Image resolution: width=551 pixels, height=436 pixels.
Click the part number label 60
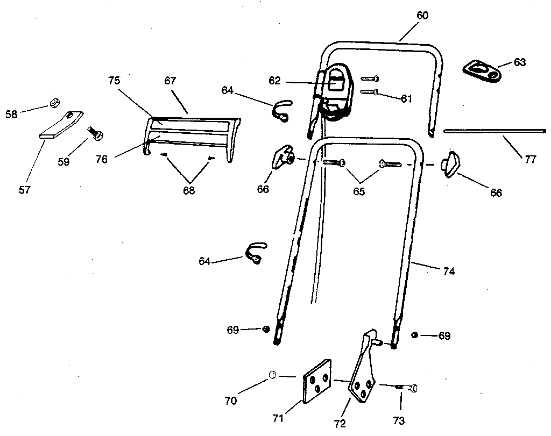point(422,16)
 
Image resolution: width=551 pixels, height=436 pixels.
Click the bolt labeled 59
point(95,132)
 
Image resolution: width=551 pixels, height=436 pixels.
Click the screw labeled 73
point(407,387)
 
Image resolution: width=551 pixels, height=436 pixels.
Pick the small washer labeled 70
point(272,374)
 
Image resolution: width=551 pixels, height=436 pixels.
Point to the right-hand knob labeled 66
point(451,163)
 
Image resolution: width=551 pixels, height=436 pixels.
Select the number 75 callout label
point(114,80)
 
